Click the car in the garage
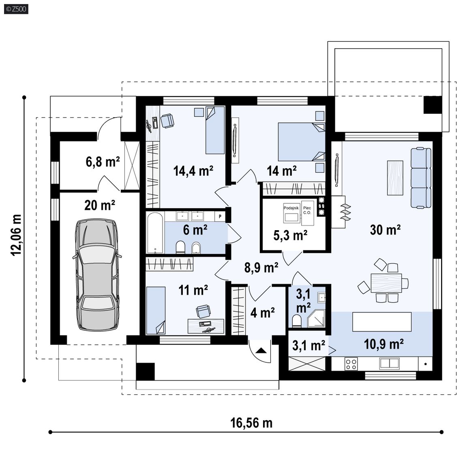pyautogui.click(x=97, y=275)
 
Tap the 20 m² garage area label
pyautogui.click(x=100, y=205)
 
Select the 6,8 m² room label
pyautogui.click(x=103, y=162)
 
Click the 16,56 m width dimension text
pyautogui.click(x=251, y=423)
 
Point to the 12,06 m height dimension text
pyautogui.click(x=17, y=235)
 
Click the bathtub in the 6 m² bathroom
pyautogui.click(x=155, y=233)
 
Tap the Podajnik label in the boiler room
pyautogui.click(x=291, y=208)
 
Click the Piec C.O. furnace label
pyautogui.click(x=307, y=210)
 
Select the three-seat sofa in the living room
pyautogui.click(x=421, y=177)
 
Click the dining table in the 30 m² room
pyautogui.click(x=386, y=283)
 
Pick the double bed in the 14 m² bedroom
pyautogui.click(x=302, y=142)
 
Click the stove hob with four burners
pyautogui.click(x=351, y=364)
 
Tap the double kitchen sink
pyautogui.click(x=389, y=363)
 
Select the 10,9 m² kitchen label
pyautogui.click(x=383, y=344)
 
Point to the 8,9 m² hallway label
pyautogui.click(x=261, y=267)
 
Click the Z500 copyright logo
pyautogui.click(x=16, y=9)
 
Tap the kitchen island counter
pyautogui.click(x=382, y=322)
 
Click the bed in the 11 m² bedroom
pyautogui.click(x=156, y=310)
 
